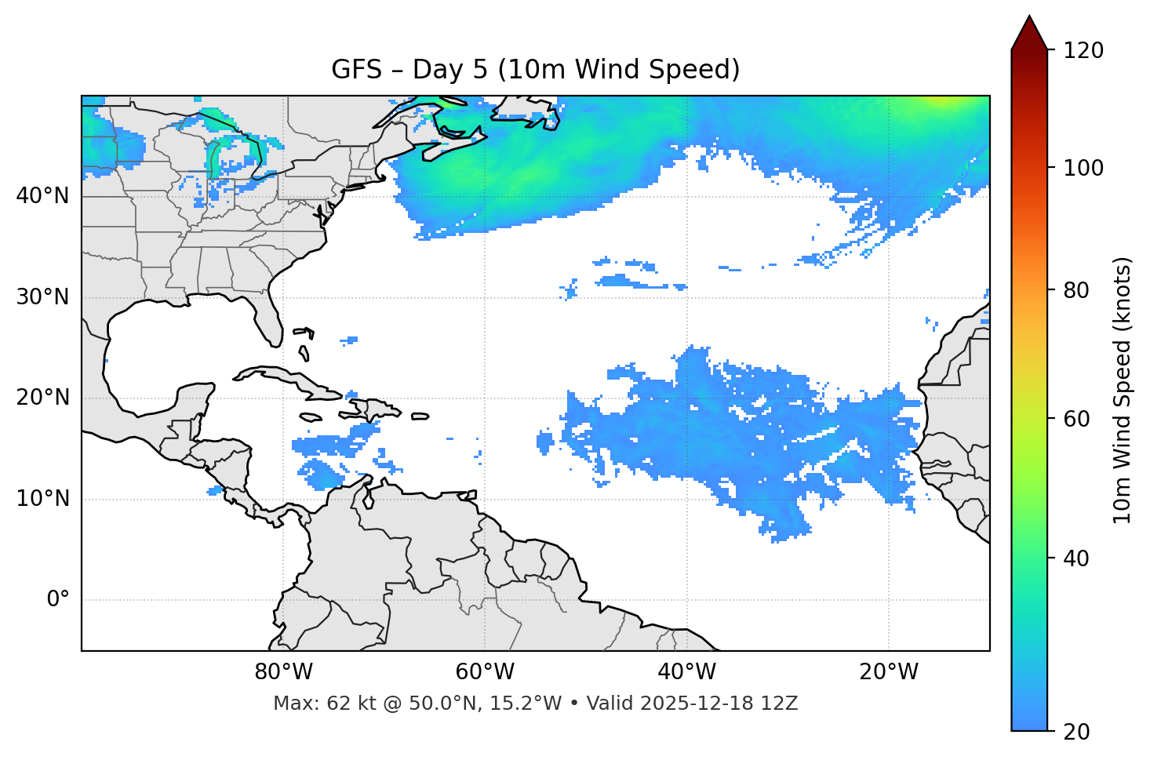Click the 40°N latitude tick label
click(x=42, y=196)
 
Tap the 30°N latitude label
click(x=42, y=297)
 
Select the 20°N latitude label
click(x=42, y=398)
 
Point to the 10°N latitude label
click(x=42, y=499)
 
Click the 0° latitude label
click(x=58, y=600)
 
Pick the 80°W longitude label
click(x=283, y=672)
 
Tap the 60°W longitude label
click(x=485, y=672)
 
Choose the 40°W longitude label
click(x=686, y=672)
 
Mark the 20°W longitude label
click(x=889, y=672)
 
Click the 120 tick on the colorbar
click(x=1083, y=50)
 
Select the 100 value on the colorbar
click(x=1083, y=168)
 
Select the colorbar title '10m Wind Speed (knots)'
click(x=1123, y=391)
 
